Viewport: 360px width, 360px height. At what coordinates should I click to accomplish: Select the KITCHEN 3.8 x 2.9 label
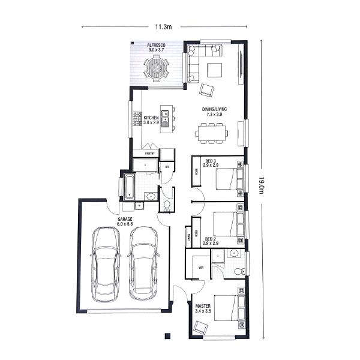tap(151, 119)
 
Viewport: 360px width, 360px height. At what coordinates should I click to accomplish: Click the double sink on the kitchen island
tap(165, 118)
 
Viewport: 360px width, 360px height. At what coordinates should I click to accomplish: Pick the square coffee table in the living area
tap(214, 70)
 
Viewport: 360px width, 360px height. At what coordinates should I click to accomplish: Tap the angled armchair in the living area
tap(206, 90)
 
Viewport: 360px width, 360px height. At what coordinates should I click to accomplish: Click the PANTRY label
tap(150, 154)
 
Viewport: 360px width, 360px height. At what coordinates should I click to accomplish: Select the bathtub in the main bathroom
tap(130, 185)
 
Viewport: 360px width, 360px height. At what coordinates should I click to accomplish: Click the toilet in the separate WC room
tap(167, 205)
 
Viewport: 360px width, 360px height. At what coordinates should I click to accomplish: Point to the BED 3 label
tap(210, 163)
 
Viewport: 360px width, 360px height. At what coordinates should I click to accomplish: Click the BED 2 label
tap(210, 242)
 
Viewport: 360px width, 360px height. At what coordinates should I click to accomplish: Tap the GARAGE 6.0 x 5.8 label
tap(125, 221)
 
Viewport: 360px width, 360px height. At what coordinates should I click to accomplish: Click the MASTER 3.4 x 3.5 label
tap(204, 308)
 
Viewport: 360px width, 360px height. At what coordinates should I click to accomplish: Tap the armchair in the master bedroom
tap(200, 328)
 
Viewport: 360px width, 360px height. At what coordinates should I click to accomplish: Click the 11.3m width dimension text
tap(163, 27)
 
